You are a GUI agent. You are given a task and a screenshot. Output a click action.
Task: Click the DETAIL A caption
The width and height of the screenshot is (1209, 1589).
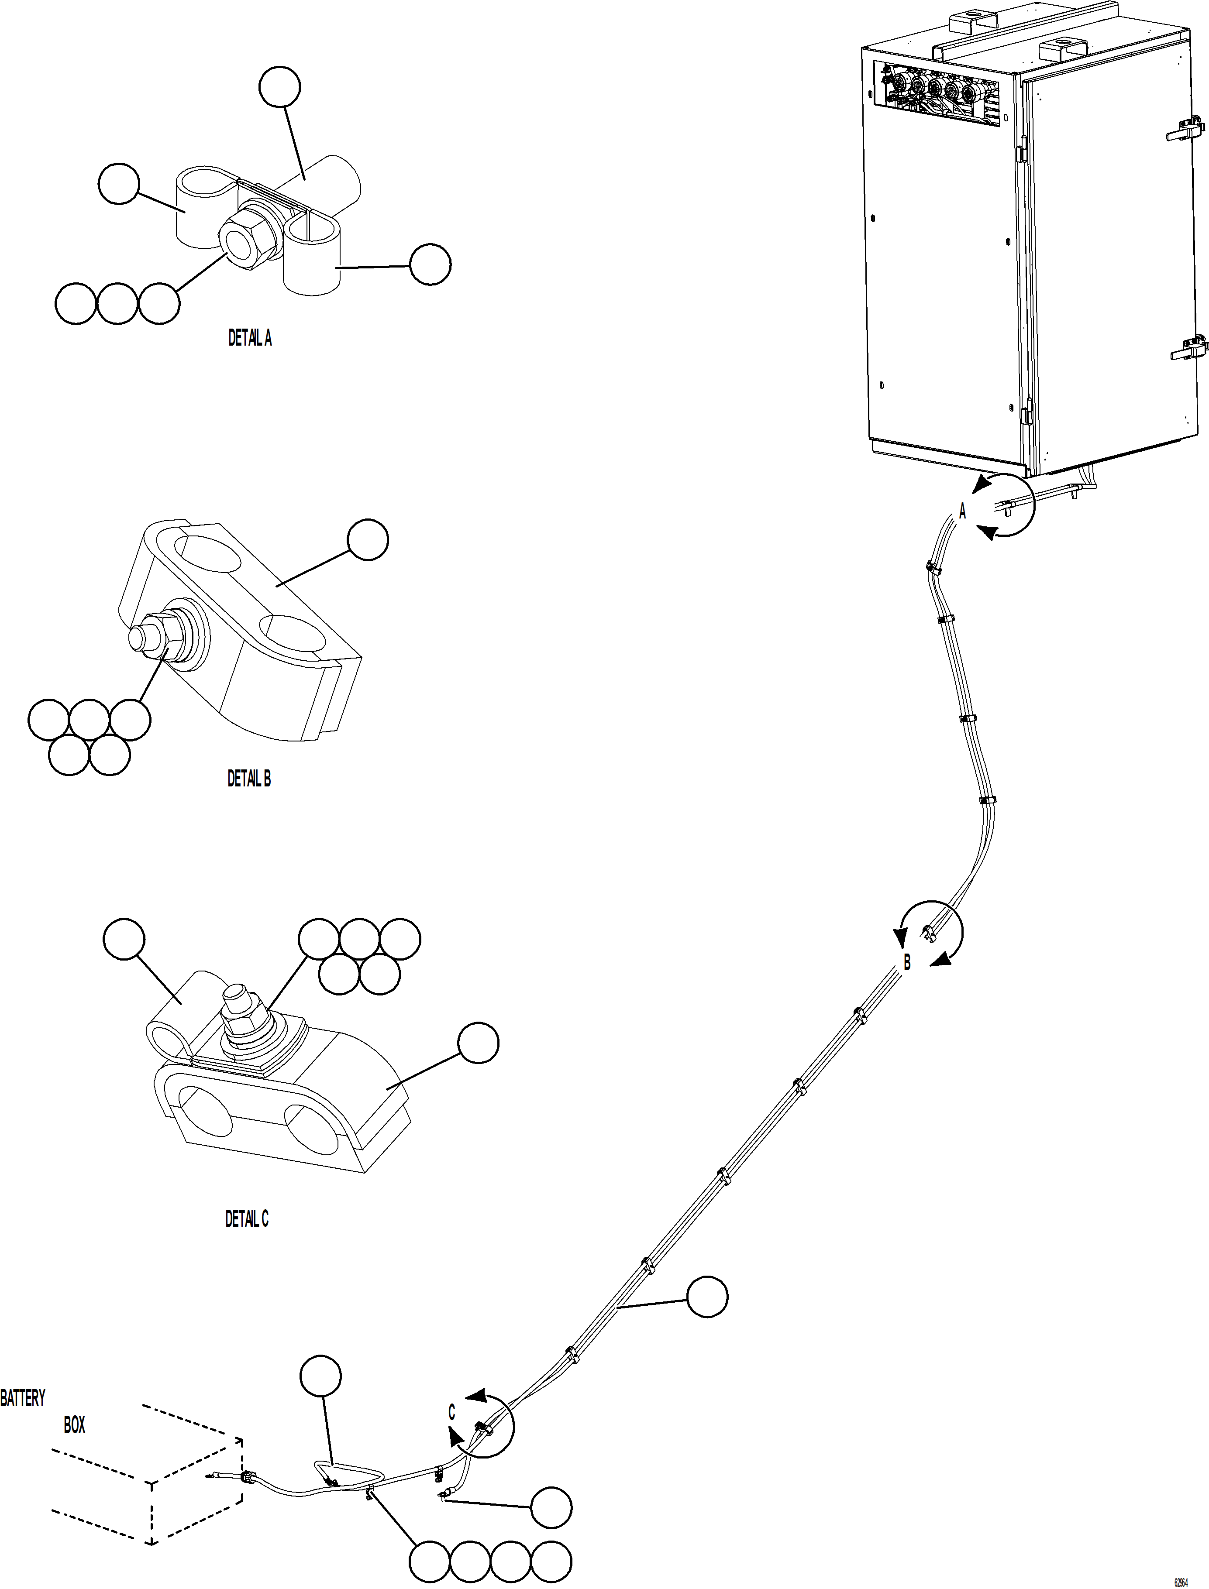click(250, 338)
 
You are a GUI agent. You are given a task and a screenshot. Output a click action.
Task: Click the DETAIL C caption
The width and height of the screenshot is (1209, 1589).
click(247, 1219)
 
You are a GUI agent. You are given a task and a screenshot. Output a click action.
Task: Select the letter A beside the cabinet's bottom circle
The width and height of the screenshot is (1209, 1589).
click(963, 511)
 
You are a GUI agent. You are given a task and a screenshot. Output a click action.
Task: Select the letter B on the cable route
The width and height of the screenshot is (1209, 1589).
click(907, 962)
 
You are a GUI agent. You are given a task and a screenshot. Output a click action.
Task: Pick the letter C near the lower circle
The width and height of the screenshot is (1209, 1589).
click(452, 1413)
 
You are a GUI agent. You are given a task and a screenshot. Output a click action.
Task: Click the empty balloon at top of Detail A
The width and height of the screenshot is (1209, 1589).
click(279, 87)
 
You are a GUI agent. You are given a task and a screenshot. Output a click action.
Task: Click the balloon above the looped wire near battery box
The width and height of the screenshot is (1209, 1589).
click(320, 1376)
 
